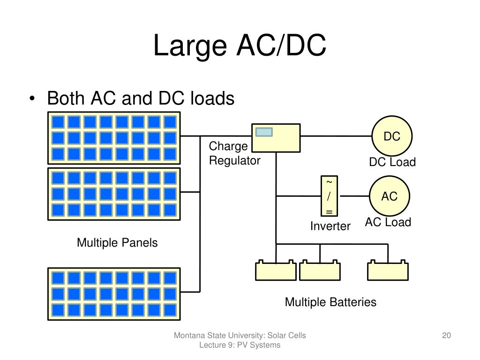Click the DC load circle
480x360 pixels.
click(x=392, y=136)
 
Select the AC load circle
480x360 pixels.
click(x=390, y=196)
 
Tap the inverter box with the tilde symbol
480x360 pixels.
click(x=329, y=196)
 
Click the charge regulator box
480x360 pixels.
click(x=276, y=138)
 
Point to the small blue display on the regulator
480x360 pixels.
click(x=264, y=132)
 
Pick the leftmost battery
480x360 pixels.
click(x=276, y=270)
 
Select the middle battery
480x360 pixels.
click(x=320, y=270)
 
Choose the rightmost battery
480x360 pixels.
click(x=388, y=270)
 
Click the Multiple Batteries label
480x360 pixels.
click(x=330, y=302)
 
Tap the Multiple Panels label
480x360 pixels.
click(x=117, y=243)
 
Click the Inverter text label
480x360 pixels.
click(x=330, y=226)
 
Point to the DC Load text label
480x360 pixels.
click(x=392, y=162)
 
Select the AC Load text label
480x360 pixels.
click(x=388, y=222)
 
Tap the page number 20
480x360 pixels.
click(x=446, y=336)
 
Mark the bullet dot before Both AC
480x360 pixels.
click(x=32, y=98)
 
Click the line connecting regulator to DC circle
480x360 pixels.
click(x=336, y=136)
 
